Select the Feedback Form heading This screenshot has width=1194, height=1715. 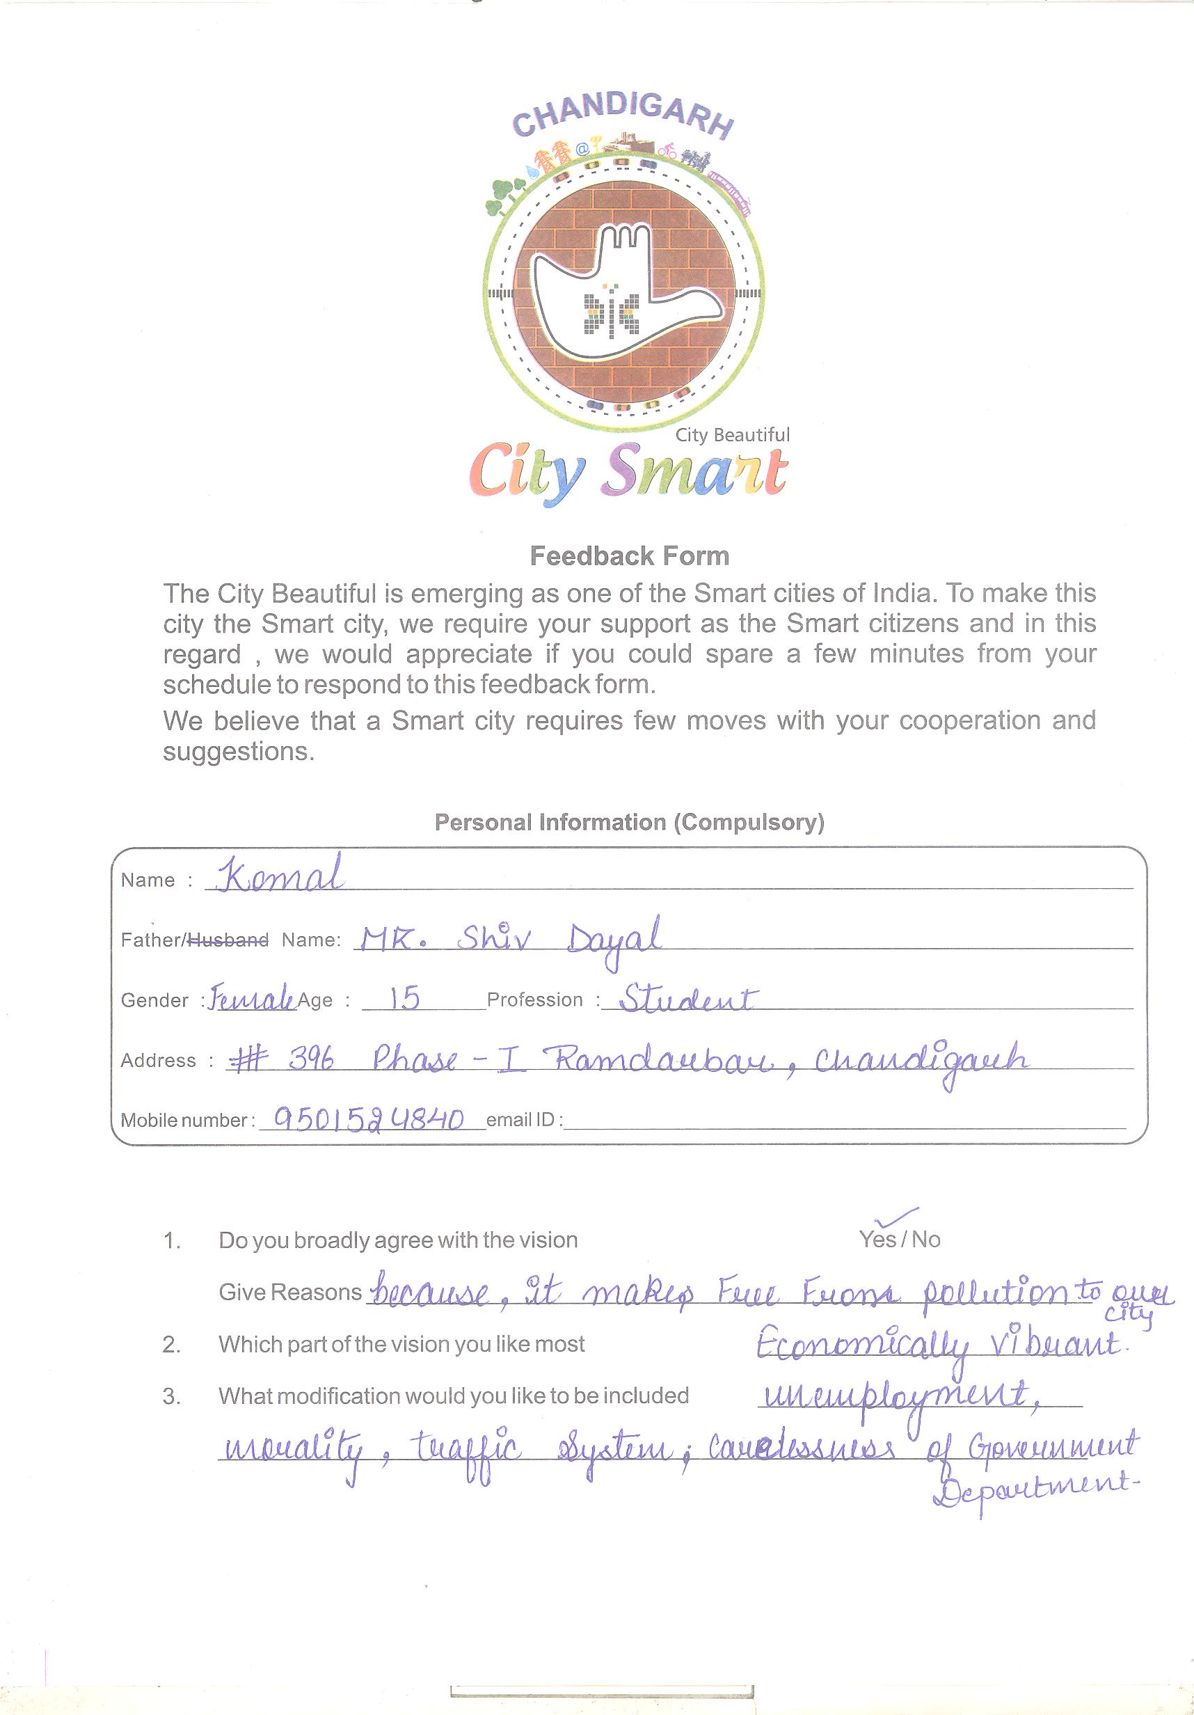point(629,557)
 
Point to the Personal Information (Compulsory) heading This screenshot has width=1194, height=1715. point(629,823)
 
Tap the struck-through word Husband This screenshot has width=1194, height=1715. point(228,940)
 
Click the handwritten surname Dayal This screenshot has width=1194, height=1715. point(614,940)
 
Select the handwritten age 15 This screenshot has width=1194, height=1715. point(404,998)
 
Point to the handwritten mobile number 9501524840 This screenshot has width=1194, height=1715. point(369,1119)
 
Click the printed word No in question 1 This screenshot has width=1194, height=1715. point(926,1240)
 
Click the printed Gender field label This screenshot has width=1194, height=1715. point(154,1000)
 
